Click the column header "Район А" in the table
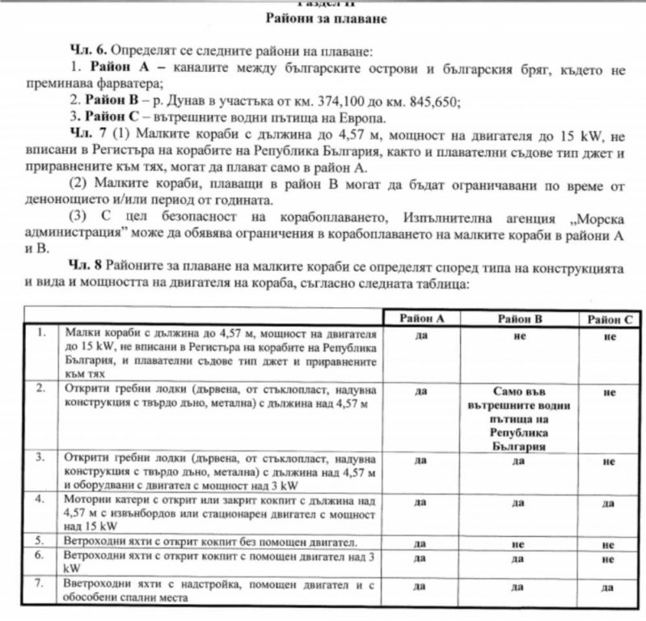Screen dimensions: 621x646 [x=420, y=319]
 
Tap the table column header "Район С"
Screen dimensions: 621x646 [x=610, y=319]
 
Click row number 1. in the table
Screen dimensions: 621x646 [x=42, y=332]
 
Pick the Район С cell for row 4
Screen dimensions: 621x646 [x=610, y=502]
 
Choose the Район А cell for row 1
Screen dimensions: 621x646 [x=420, y=333]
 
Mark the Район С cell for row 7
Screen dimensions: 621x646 [x=610, y=585]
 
